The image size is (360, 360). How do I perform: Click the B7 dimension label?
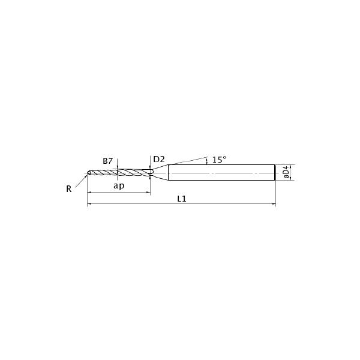tap(108, 161)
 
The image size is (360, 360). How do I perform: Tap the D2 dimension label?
tap(158, 159)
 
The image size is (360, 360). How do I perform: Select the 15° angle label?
tap(219, 160)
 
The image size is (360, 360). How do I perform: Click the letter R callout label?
tap(69, 188)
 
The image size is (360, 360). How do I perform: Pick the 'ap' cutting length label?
tap(119, 185)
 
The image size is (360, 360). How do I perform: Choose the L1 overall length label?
tap(182, 199)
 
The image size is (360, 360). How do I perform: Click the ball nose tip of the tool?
tap(89, 173)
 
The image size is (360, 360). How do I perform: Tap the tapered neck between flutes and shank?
tap(159, 173)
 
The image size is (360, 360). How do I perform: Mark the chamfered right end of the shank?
tap(274, 173)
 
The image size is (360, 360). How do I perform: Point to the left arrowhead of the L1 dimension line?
tap(90, 205)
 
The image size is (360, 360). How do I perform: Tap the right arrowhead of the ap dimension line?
tap(148, 192)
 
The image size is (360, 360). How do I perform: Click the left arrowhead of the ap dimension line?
tap(90, 192)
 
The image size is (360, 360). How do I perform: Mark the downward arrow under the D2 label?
tap(150, 167)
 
